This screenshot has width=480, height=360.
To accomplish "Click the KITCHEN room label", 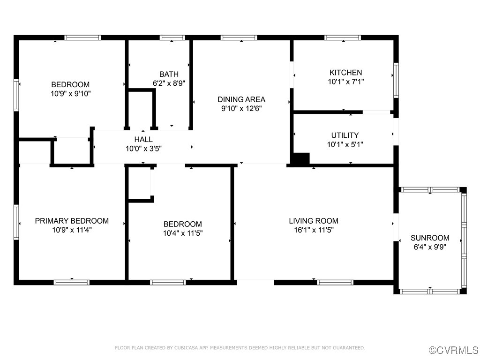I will point(345,73).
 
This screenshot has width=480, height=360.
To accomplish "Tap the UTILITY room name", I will point(345,135).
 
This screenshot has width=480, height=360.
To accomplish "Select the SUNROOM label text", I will point(430,238).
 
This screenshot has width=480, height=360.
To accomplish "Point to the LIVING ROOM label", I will point(313,221).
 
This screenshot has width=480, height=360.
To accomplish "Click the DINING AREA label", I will point(241,99).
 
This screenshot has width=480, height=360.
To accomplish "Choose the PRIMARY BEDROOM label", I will point(72,221).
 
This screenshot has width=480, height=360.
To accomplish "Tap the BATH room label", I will point(169,74).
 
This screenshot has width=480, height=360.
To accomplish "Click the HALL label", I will point(143,139).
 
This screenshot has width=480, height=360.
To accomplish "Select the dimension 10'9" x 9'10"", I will point(70,94).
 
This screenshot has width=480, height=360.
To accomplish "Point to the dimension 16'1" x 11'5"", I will point(313,230).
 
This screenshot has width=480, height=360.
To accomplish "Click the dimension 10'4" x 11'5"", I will point(183,233).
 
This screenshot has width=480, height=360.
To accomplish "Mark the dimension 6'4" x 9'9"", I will point(430,247).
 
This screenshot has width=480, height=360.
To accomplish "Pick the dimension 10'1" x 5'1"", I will point(345,144).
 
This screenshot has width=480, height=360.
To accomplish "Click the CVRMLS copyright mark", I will point(454,350).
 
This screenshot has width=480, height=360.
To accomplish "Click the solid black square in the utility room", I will point(300,158).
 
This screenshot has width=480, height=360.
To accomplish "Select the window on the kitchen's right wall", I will point(396,81).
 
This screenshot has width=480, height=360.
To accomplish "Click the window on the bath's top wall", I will point(172,37).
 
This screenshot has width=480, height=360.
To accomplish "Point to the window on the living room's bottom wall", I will point(335,282).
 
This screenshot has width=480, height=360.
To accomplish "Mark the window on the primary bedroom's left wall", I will point(16,222).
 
